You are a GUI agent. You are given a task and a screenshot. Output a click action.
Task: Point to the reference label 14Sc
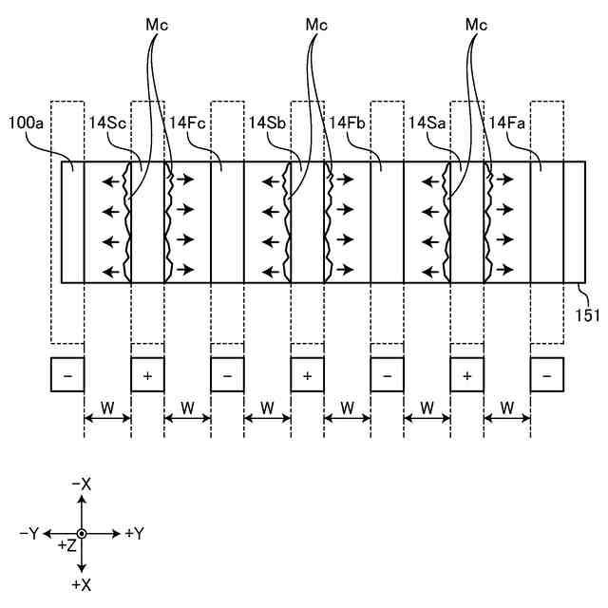[x=106, y=123]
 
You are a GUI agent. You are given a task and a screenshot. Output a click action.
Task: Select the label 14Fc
[x=188, y=123]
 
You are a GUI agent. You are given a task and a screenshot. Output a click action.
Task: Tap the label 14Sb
[x=266, y=123]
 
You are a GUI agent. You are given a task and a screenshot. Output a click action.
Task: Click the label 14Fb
[x=348, y=123]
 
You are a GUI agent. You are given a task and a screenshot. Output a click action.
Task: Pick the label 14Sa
[x=427, y=123]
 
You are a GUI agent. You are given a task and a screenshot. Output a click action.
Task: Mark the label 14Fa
[x=508, y=123]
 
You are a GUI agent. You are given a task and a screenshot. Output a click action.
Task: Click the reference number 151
[x=587, y=314]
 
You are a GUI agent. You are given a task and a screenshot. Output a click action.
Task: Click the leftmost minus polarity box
[x=67, y=375]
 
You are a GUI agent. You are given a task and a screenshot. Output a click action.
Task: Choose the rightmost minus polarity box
[x=546, y=375]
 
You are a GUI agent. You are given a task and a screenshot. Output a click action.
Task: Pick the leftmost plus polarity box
[x=147, y=375]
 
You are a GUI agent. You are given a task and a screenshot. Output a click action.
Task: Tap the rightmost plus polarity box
[x=466, y=375]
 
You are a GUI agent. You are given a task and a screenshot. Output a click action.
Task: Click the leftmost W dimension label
[x=107, y=407]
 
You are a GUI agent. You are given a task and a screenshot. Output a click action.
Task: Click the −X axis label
[x=82, y=484]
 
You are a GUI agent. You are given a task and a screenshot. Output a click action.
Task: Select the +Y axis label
[x=134, y=534]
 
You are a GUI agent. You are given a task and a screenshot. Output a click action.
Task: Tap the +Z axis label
[x=66, y=546]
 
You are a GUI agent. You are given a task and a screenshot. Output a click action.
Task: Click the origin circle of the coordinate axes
[x=82, y=534]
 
